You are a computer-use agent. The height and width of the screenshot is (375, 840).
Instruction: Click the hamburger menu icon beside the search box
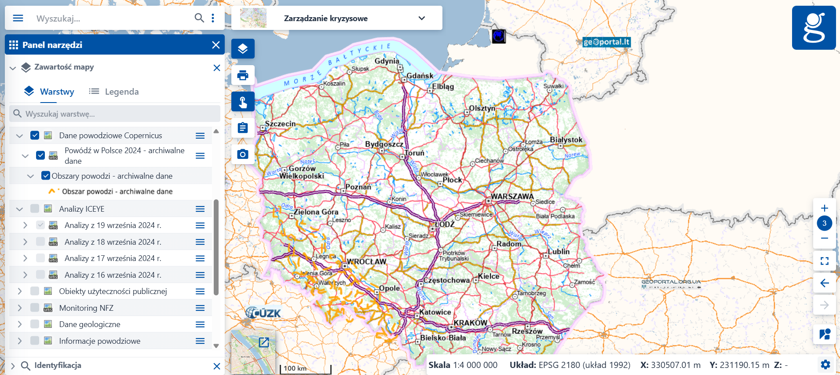click(18, 18)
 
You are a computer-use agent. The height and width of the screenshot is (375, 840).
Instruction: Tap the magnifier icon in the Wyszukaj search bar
click(199, 18)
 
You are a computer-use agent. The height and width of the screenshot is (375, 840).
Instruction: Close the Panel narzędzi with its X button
click(215, 45)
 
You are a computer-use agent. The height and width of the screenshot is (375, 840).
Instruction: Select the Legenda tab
click(114, 92)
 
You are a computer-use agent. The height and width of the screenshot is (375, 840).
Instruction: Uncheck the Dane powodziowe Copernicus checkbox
click(35, 135)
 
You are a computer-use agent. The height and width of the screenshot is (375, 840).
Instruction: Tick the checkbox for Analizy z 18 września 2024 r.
click(40, 242)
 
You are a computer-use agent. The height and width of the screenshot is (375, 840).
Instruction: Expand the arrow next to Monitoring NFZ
click(20, 308)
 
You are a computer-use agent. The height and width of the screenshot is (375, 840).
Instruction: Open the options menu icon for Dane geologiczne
click(200, 324)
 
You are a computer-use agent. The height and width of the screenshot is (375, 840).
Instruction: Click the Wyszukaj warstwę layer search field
click(115, 114)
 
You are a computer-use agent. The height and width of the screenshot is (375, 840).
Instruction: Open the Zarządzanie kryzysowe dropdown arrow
click(421, 18)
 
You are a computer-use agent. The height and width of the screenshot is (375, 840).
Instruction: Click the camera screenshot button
click(243, 154)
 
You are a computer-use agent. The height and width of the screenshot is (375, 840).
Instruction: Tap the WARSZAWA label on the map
click(512, 196)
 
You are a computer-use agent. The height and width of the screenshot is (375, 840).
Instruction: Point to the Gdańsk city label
click(420, 76)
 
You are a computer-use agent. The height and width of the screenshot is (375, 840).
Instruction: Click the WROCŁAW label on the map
click(366, 261)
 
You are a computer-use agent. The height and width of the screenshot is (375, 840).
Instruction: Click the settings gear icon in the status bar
click(825, 364)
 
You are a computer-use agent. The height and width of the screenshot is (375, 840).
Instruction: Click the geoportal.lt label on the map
click(606, 42)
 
